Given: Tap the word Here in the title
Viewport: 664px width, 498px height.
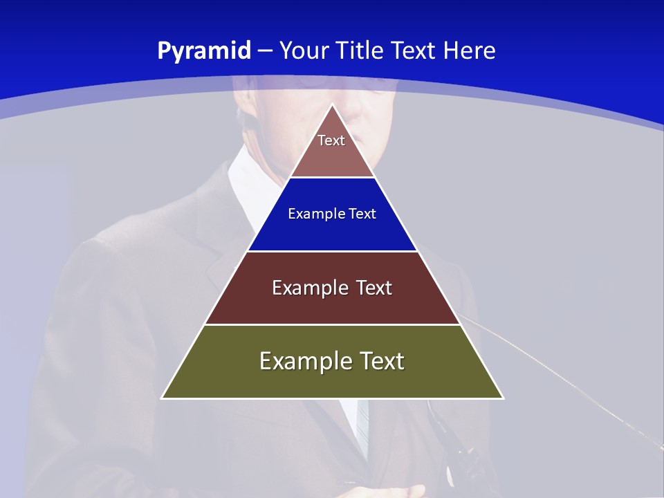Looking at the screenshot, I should coord(470,50).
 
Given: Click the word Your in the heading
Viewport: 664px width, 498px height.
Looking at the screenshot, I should coord(305,50).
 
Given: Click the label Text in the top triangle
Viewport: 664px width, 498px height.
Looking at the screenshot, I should coord(331,140).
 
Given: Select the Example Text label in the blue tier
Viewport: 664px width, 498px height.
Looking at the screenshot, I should coord(332,214).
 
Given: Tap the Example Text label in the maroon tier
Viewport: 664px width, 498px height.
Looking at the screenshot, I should coord(332,288).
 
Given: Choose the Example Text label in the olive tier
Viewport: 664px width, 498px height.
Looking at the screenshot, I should coord(332,361).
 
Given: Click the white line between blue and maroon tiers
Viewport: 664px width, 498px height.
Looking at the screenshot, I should coord(332,251).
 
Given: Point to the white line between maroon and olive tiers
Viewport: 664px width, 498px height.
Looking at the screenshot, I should coord(332,324).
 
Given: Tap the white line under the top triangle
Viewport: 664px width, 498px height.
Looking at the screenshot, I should coord(332,178).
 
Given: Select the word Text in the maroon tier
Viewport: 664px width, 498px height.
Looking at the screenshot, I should coord(374,288).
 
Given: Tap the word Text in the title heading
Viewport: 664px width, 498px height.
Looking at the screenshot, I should coord(415,50).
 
